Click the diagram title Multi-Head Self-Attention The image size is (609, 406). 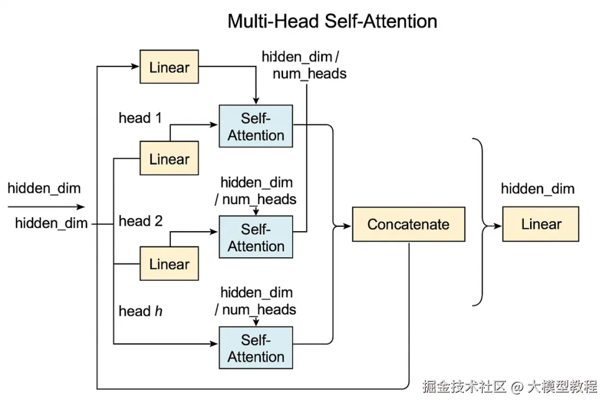tap(332, 21)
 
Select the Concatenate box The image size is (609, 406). tap(408, 224)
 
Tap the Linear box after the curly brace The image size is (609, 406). tap(541, 224)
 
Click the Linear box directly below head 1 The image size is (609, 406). tap(169, 159)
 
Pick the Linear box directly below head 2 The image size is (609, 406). tap(169, 264)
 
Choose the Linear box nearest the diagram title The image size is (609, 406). tap(169, 68)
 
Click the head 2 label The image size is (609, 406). tap(140, 221)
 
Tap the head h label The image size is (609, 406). tap(140, 311)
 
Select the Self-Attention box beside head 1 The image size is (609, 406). tap(256, 127)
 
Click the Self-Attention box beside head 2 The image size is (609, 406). tap(256, 237)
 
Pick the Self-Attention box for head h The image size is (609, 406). tap(256, 348)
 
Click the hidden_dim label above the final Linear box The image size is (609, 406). tap(537, 189)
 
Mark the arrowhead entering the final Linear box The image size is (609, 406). tap(498, 226)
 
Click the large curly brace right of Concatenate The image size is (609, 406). tap(480, 223)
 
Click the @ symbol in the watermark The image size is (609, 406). tap(518, 387)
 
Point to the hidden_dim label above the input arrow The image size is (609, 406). tap(44, 189)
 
